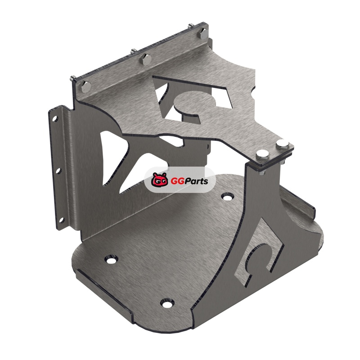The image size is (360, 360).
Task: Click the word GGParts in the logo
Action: click(189, 181)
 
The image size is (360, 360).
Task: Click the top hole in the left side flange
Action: click(55, 119)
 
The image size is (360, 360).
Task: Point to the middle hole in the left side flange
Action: click(58, 171)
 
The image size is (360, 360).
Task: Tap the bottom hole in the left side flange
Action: click(61, 220)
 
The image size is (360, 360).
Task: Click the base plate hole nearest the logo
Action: click(227, 197)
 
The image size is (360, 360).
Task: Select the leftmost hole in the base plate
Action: click(111, 260)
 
